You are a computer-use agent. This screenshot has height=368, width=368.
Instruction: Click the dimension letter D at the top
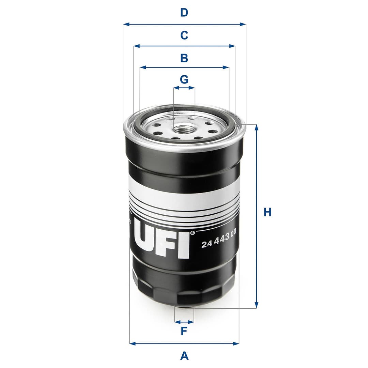pos(184,13)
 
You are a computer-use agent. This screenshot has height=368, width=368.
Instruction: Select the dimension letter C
pos(184,35)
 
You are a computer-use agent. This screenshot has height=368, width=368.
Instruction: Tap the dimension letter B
pos(184,58)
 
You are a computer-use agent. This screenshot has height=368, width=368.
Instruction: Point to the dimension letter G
pos(184,79)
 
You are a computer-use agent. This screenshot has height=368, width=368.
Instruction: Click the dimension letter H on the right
pos(267,212)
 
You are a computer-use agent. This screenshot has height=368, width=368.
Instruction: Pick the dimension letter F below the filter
pos(184,331)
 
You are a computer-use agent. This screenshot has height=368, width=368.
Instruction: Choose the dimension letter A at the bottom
pos(184,356)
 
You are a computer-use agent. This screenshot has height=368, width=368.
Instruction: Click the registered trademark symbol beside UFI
pos(192,233)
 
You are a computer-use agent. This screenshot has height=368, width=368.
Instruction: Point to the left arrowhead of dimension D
pos(125,24)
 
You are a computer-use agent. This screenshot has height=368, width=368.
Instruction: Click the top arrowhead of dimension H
pos(257,127)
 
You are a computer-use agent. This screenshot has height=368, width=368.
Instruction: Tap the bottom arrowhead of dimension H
pos(257,306)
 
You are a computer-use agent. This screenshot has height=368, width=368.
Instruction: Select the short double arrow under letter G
pos(184,88)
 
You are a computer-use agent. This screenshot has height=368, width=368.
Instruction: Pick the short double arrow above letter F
pos(184,321)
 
